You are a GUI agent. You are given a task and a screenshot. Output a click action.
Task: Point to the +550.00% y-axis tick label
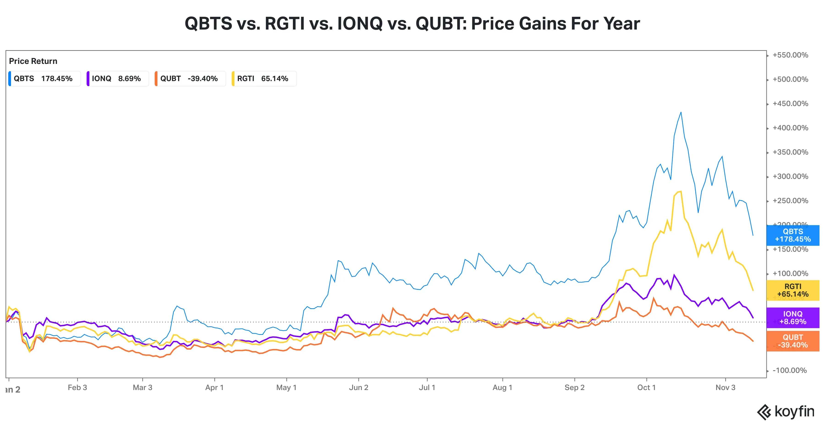[790, 55]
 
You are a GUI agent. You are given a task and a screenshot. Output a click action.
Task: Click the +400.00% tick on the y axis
[790, 128]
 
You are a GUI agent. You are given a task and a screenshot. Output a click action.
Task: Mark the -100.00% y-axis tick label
[789, 370]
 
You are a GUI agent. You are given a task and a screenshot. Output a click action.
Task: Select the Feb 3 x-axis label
[77, 388]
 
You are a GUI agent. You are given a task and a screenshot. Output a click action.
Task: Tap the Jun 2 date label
[358, 388]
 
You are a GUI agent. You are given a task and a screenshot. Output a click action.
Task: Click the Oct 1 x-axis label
[646, 388]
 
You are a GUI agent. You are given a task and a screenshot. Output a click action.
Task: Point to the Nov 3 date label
[725, 388]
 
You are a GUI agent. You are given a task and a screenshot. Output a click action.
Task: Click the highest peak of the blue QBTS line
[681, 112]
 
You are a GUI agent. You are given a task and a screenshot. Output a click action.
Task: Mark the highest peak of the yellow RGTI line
[681, 191]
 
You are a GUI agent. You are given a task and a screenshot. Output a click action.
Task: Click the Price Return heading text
[33, 61]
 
